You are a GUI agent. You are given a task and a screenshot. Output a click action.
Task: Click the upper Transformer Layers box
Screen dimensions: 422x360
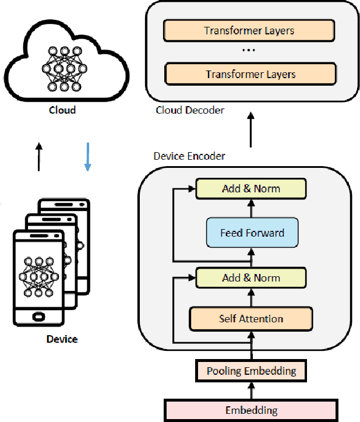[x=249, y=30]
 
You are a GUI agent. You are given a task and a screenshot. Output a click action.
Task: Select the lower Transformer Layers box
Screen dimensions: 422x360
[x=250, y=74]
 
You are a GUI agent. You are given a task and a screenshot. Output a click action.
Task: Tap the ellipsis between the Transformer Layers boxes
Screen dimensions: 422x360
[x=249, y=51]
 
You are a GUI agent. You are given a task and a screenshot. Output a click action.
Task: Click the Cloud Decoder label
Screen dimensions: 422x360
[x=190, y=110]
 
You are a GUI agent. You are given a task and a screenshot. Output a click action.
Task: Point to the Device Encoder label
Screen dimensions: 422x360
[x=189, y=156]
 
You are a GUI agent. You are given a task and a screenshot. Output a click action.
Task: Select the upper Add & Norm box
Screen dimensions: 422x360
[x=250, y=188]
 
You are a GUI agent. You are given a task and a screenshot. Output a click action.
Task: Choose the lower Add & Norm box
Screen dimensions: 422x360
[x=250, y=278]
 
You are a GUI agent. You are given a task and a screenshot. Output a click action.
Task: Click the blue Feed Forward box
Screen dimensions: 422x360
[x=252, y=233]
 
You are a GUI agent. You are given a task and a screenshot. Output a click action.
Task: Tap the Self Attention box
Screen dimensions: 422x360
[x=250, y=319]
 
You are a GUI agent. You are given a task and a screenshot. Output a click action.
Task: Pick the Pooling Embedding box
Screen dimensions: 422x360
[x=251, y=371]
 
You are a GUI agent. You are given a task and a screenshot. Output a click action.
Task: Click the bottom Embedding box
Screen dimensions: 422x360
[x=251, y=410]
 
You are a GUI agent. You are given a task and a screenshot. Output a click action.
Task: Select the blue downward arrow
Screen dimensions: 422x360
[x=87, y=157]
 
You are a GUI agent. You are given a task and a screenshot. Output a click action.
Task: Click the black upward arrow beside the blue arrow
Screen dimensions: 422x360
[x=39, y=157]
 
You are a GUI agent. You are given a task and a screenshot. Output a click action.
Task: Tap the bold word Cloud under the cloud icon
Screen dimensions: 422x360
[x=62, y=110]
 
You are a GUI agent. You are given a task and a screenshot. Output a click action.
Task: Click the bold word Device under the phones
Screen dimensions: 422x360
[x=62, y=339]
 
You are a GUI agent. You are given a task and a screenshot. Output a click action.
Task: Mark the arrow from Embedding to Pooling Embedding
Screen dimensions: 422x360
[x=251, y=391]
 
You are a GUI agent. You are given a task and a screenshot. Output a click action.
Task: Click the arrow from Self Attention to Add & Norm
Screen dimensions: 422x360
[x=251, y=298]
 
